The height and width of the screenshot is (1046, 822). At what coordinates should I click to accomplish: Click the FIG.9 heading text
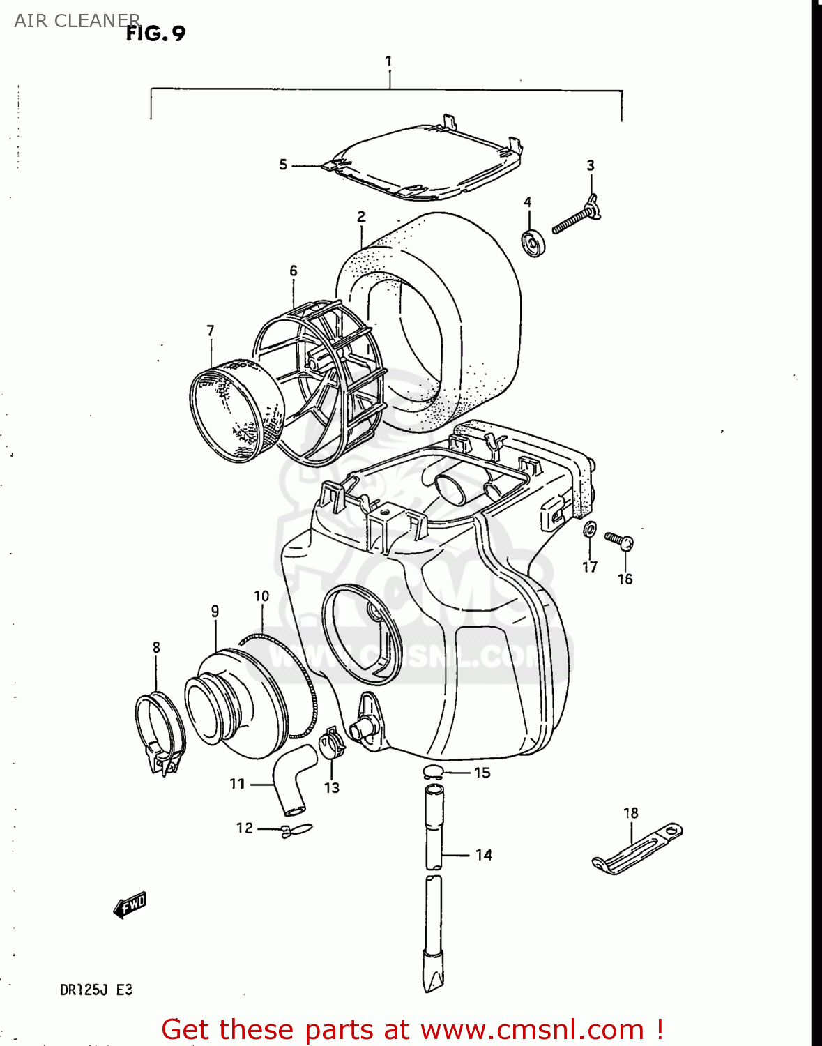155,33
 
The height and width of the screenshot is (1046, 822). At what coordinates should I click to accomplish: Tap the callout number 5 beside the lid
283,165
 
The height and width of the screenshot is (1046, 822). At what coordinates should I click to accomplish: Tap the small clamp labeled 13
333,744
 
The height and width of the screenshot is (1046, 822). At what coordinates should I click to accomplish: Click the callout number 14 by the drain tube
484,855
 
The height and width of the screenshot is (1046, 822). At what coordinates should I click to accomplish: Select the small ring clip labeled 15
433,771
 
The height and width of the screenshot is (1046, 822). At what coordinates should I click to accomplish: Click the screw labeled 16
620,540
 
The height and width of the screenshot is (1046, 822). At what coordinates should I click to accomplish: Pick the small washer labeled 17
590,530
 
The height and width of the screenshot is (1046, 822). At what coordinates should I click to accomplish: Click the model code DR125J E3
96,990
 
